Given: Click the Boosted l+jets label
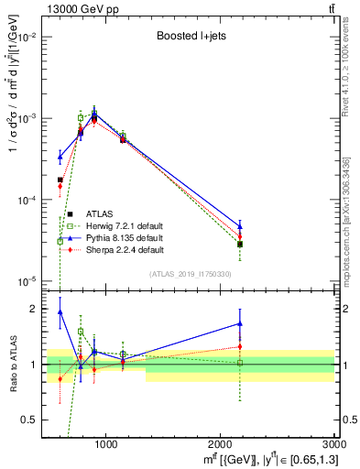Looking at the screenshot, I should (x=190, y=38).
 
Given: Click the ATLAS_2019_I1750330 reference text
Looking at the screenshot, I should (x=190, y=274).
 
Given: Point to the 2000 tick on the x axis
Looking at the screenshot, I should (x=221, y=444).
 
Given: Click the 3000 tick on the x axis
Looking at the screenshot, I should (x=332, y=444).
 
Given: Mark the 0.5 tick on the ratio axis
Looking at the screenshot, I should (x=36, y=420).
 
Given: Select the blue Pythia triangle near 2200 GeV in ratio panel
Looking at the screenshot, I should (x=240, y=323).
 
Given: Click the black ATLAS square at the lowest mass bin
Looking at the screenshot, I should (x=60, y=180).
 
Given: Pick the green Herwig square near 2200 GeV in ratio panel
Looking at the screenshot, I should (x=240, y=363).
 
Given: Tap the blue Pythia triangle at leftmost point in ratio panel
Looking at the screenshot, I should (x=60, y=311).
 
